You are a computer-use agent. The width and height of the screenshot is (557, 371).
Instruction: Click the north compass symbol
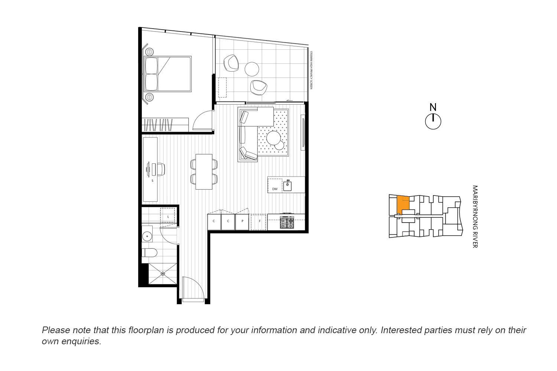tap(433, 121)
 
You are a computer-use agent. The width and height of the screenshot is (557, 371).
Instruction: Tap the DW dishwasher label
tap(275, 189)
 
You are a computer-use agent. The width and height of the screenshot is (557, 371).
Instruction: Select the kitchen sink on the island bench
tap(287, 185)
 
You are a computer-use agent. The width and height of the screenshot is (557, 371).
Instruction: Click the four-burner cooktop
tap(287, 222)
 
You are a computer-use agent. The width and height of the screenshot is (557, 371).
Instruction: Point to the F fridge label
tap(260, 221)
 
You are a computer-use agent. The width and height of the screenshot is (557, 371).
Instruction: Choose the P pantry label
tap(242, 221)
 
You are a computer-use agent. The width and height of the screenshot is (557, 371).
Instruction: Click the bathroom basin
tap(147, 235)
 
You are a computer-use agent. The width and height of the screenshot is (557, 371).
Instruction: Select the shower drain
tap(163, 274)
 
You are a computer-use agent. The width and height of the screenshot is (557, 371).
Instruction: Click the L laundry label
tap(168, 216)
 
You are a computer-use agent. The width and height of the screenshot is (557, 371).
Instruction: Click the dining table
tap(204, 171)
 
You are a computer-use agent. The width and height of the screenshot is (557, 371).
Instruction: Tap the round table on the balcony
tap(252, 69)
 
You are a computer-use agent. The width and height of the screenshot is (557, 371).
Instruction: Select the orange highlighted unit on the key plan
tap(403, 204)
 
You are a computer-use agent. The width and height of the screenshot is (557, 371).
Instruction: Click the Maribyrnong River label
tap(475, 217)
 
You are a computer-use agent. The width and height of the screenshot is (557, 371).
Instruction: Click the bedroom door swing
tap(203, 120)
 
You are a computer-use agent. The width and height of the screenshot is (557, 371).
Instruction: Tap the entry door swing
tap(193, 288)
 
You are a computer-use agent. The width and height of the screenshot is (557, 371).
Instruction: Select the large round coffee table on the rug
tap(274, 138)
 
